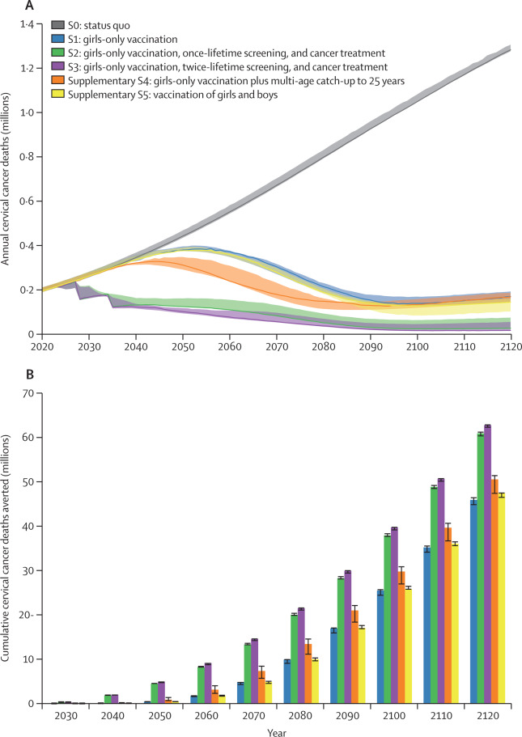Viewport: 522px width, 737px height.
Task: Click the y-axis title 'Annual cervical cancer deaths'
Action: coord(6,179)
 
